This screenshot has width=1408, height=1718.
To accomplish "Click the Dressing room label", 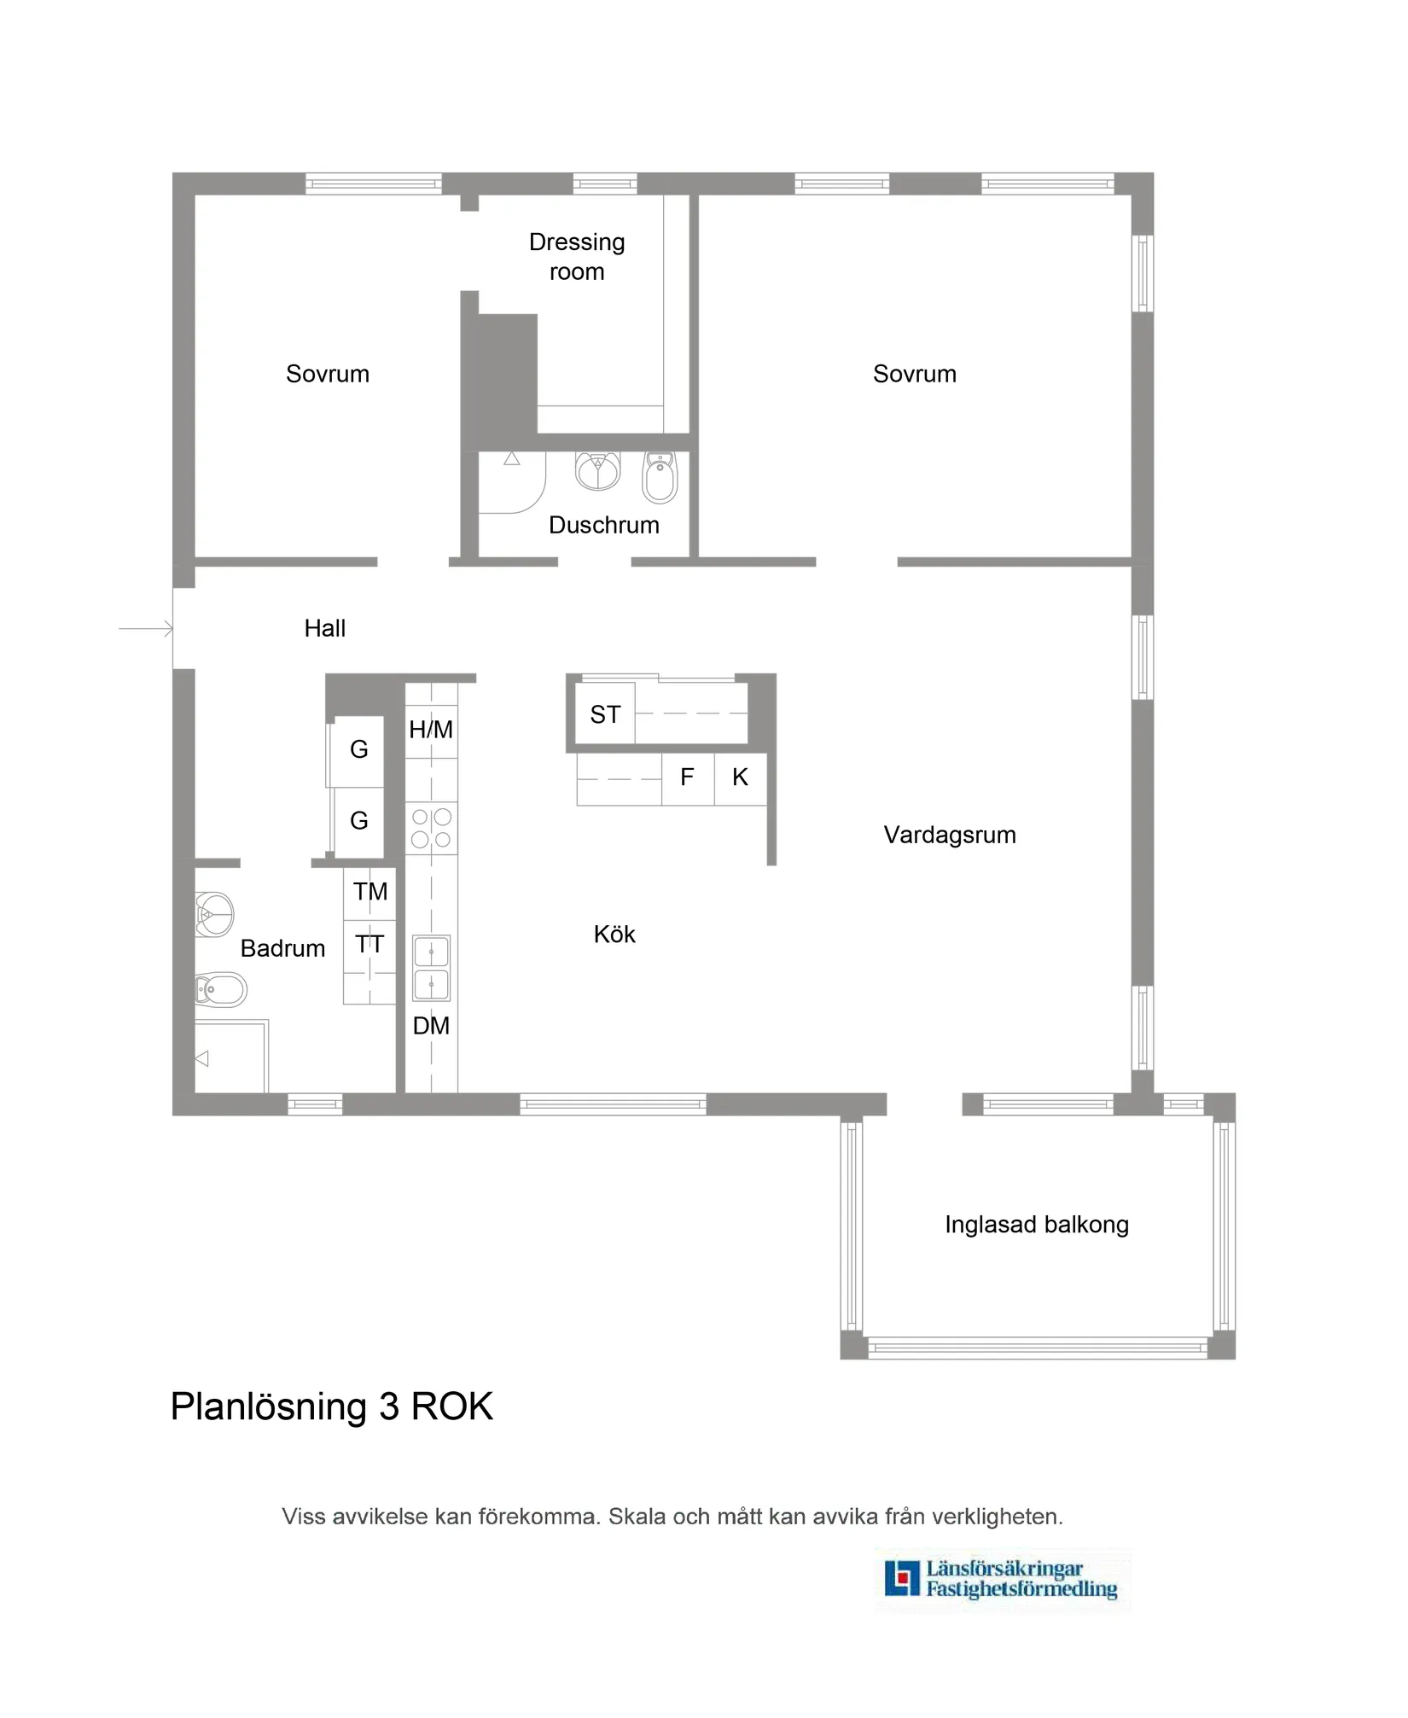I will point(577,256).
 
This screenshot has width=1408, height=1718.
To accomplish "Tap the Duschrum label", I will point(603,525).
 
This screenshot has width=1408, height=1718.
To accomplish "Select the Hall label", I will point(324,628).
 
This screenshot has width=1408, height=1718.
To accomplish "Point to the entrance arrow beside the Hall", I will point(146,629).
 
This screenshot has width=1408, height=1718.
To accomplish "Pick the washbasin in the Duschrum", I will point(597,470).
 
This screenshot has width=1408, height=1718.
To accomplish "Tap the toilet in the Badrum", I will point(220,990).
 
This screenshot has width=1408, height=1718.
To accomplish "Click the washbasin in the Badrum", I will point(214,914).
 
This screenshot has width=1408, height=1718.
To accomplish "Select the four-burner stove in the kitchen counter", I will point(431,828).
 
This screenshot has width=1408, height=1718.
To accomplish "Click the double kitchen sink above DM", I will point(431,967).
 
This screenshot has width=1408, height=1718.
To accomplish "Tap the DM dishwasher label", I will point(431,1026).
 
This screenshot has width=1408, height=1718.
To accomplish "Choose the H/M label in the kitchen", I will point(431,730).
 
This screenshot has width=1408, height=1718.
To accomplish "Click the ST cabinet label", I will point(605,714).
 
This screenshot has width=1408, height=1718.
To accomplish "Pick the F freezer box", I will point(687,777).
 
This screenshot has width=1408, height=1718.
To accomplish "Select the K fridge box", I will point(740,777).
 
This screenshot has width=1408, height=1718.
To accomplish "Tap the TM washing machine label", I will point(370,892).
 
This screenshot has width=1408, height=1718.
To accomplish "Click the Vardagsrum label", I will point(950,835).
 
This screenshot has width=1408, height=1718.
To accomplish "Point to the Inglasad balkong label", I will point(1036,1225).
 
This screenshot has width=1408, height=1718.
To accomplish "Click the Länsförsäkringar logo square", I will point(902,1578).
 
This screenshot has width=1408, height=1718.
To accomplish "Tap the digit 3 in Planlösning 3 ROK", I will point(389,1406).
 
